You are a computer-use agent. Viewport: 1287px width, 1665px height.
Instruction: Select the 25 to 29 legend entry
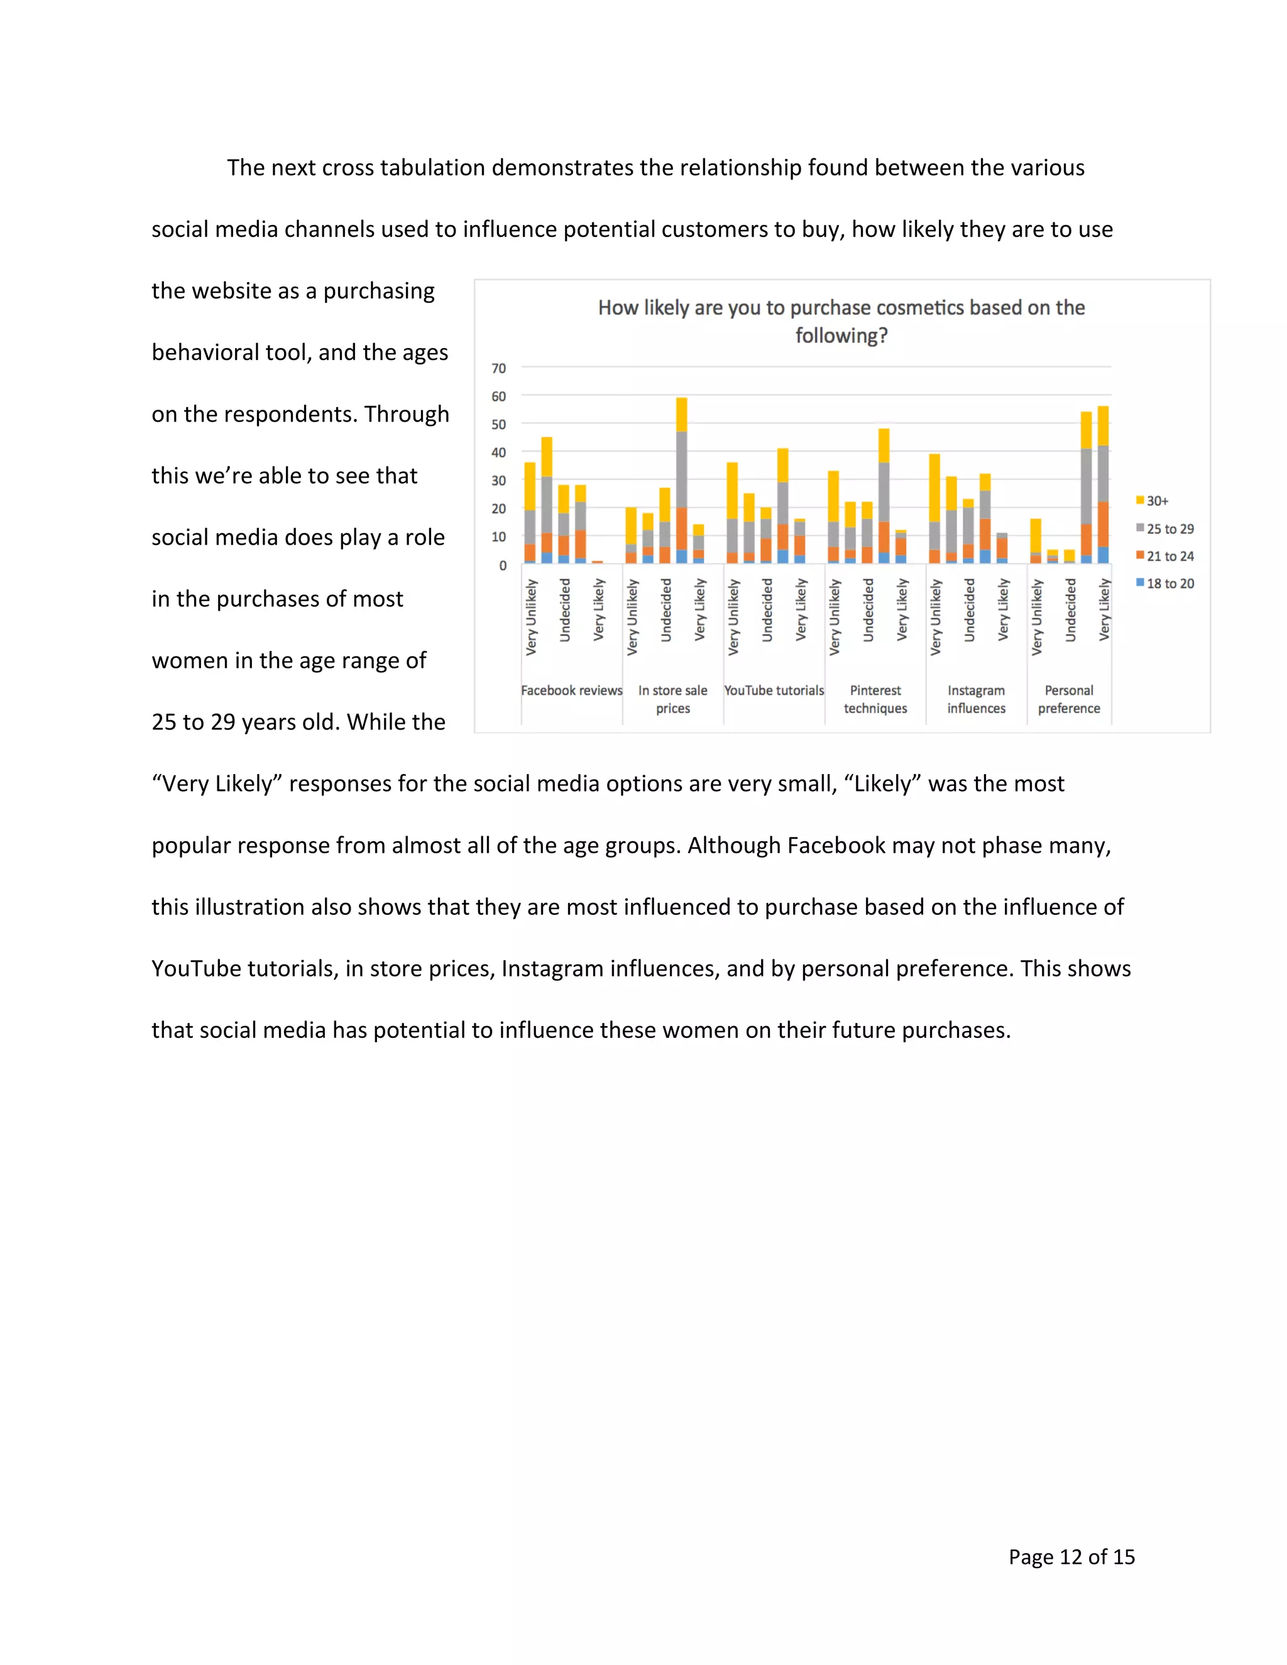(x=1169, y=528)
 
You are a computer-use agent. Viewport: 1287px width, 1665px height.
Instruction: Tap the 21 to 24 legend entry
(x=1169, y=556)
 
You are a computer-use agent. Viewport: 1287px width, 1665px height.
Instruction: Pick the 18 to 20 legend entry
(x=1169, y=583)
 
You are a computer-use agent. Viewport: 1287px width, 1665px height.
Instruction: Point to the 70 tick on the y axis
(x=498, y=368)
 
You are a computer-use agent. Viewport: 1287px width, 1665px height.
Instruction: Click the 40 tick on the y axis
(x=498, y=452)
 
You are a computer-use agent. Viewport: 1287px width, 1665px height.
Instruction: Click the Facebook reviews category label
(x=571, y=690)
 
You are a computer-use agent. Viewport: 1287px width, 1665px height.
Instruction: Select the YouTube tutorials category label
(x=774, y=690)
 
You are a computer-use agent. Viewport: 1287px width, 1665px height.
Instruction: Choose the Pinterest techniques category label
(x=875, y=699)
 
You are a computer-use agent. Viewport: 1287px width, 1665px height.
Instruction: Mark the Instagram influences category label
(x=976, y=699)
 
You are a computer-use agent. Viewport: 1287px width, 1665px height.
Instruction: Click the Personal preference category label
(x=1069, y=699)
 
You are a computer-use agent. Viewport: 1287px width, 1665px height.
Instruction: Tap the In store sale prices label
(x=672, y=699)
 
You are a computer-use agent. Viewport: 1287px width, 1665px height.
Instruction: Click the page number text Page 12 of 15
(x=1071, y=1557)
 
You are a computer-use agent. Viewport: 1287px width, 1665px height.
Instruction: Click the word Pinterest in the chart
(x=875, y=690)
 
